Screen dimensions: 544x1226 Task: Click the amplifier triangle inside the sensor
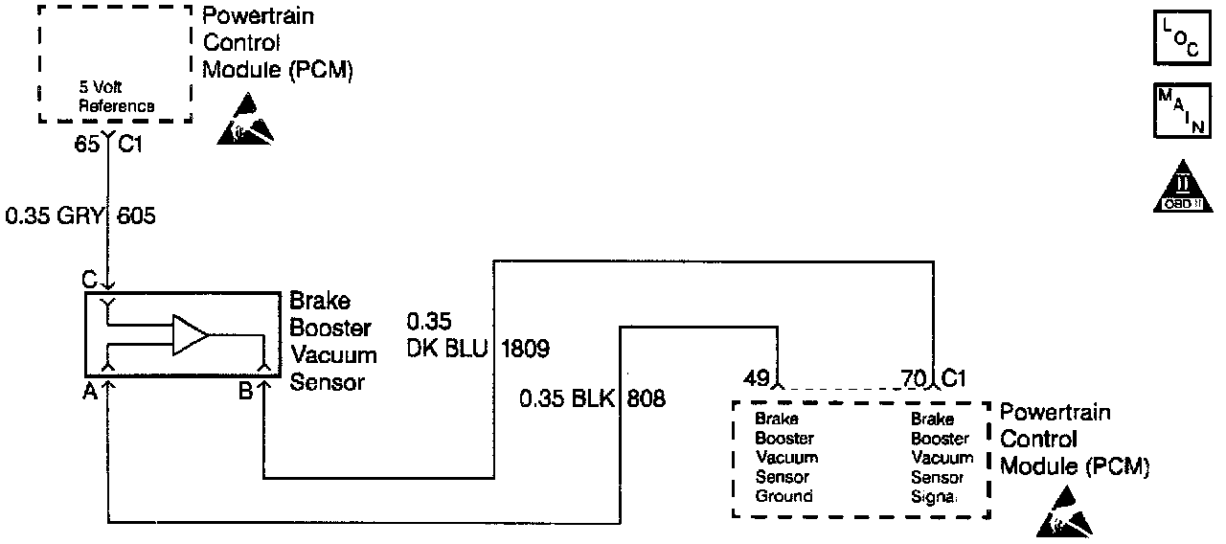click(x=190, y=335)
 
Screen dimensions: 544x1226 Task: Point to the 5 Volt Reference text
click(x=116, y=99)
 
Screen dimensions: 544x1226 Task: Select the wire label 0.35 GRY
click(x=54, y=216)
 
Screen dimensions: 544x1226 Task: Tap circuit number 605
click(x=136, y=216)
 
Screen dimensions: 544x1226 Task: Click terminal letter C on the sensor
click(x=89, y=281)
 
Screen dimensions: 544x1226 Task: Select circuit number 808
click(x=647, y=397)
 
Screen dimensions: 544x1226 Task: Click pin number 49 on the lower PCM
click(x=757, y=376)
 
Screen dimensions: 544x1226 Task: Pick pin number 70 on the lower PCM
click(x=914, y=376)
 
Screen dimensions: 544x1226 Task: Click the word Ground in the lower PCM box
click(x=783, y=496)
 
